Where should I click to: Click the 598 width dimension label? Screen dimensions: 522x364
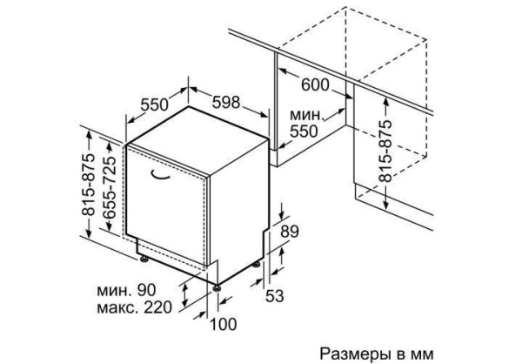[x=226, y=103]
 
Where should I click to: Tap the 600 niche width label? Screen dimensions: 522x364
[x=315, y=84]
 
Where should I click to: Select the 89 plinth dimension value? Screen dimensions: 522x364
[x=290, y=232]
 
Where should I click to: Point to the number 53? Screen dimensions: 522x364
[x=274, y=296]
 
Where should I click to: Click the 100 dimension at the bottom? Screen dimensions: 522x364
[x=224, y=324]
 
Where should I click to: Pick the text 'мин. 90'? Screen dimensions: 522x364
[x=126, y=290]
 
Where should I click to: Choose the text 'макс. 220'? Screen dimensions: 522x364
[x=135, y=307]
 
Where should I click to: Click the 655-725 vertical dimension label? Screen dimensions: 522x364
[x=110, y=187]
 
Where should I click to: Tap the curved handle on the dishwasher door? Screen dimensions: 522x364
[x=160, y=176]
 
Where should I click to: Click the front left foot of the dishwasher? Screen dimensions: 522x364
[x=144, y=258]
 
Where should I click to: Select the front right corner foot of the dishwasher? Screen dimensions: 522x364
[x=217, y=287]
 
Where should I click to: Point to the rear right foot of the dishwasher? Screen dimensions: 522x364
[x=256, y=264]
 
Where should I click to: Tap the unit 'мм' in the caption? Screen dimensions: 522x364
[x=423, y=354]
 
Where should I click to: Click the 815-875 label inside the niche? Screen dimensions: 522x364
[x=385, y=151]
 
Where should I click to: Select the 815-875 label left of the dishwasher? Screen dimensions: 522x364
[x=89, y=185]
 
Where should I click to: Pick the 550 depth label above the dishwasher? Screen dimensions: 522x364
[x=155, y=104]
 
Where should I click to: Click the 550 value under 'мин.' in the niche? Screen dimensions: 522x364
[x=304, y=131]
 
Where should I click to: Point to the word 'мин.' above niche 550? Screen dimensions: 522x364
[x=307, y=115]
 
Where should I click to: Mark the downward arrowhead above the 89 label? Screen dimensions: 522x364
[x=282, y=216]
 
